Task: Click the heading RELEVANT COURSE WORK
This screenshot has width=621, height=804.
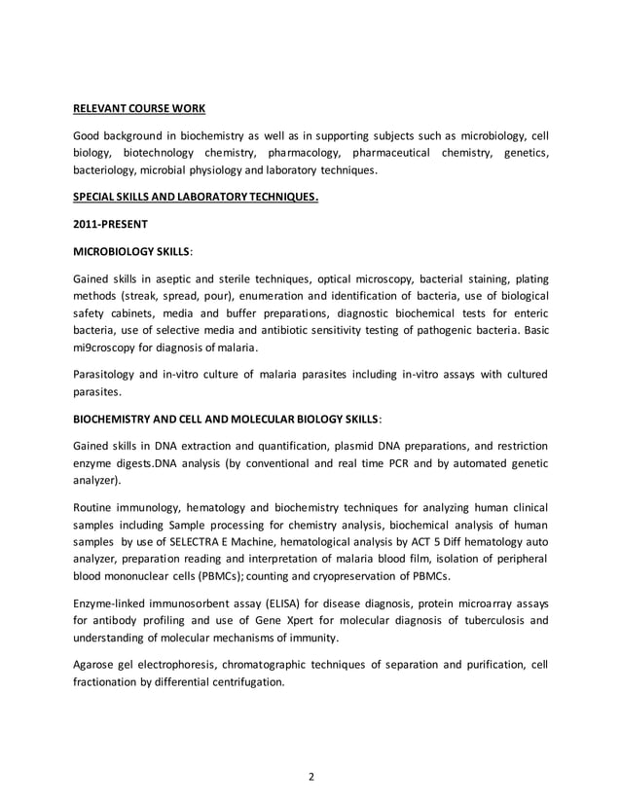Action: coord(140,107)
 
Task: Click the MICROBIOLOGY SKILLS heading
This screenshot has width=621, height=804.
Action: coord(132,251)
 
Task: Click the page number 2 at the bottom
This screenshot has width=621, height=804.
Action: coord(310,776)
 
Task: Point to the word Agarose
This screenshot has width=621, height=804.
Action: coord(98,665)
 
